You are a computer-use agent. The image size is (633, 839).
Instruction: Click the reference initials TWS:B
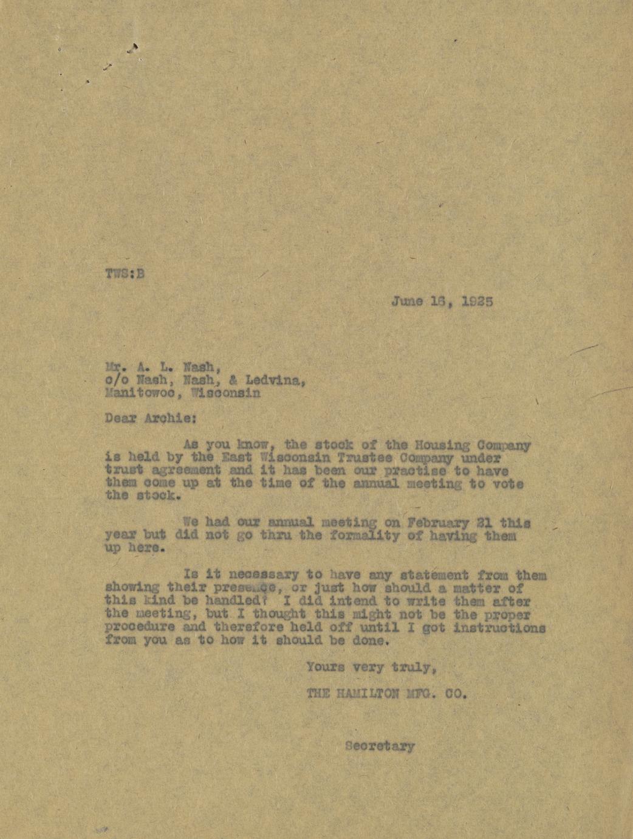[x=125, y=273]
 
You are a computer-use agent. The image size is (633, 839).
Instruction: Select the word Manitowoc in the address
[x=143, y=393]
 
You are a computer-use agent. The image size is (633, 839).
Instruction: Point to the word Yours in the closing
[x=326, y=667]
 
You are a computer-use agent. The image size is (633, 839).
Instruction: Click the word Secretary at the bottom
[x=380, y=746]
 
